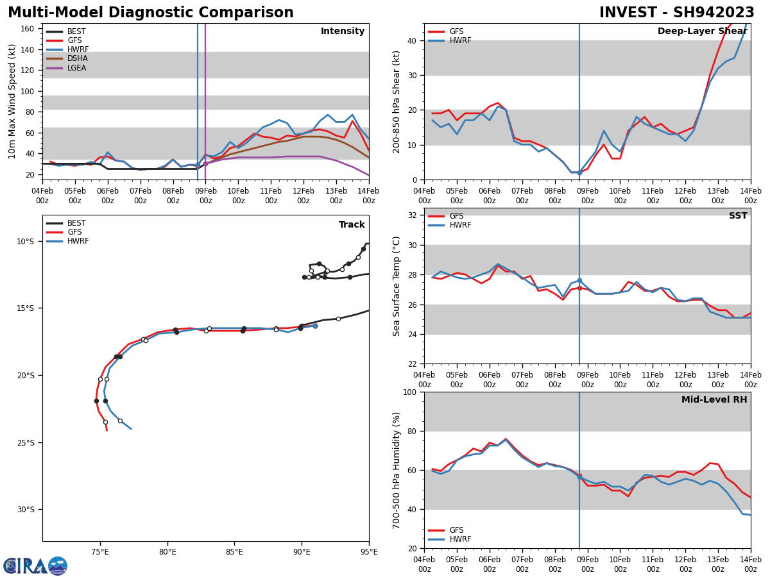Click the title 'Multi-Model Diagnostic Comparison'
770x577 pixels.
151,13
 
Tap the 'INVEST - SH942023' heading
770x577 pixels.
676,13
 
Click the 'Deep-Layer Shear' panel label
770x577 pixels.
702,31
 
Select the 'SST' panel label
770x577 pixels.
737,216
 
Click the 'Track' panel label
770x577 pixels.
352,225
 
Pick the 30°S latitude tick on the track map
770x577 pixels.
26,510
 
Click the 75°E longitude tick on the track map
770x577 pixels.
100,551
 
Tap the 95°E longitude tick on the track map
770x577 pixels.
368,551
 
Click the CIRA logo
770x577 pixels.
35,565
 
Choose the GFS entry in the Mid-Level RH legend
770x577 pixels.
456,530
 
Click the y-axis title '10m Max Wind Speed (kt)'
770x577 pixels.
12,101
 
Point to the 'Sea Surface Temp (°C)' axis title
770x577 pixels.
397,286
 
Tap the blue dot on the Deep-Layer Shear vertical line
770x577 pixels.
579,172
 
